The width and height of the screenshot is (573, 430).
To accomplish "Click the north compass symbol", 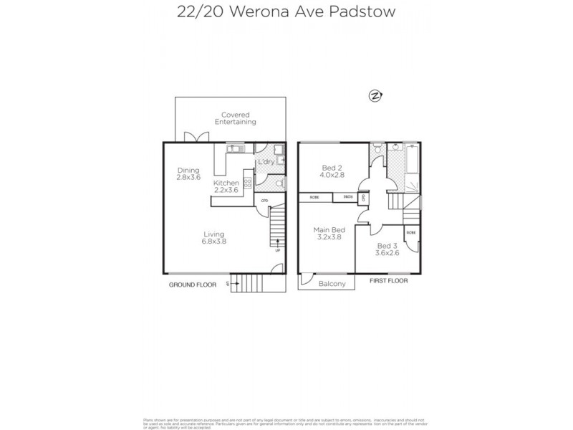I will [x=373, y=96].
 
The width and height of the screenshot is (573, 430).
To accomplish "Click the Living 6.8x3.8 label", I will [x=214, y=238].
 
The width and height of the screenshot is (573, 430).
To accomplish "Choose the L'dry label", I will [x=265, y=162].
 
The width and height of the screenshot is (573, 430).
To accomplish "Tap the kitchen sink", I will [x=236, y=148].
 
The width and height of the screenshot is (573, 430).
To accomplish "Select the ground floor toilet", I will [x=279, y=183].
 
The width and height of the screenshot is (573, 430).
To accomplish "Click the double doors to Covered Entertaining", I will [x=192, y=138].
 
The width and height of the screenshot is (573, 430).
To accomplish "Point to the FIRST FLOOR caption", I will [x=390, y=281].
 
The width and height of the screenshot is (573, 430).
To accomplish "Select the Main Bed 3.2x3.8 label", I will [x=329, y=234].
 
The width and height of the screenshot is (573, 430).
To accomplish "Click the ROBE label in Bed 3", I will [x=411, y=233].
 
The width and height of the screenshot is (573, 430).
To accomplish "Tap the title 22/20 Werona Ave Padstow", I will [x=286, y=11].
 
